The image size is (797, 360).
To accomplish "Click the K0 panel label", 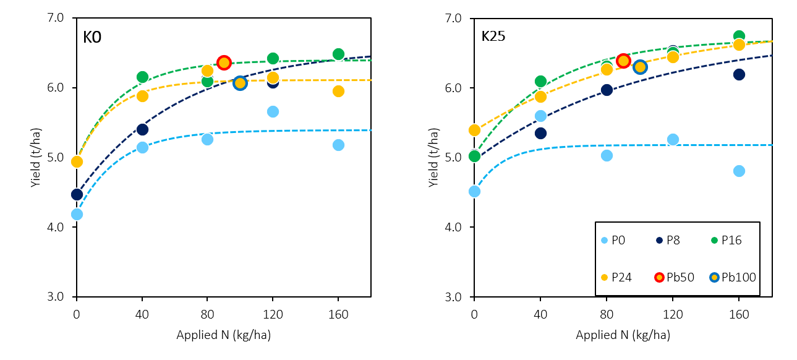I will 92,37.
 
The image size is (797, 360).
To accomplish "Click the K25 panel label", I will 493,36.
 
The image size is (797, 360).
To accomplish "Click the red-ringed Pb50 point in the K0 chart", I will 224,62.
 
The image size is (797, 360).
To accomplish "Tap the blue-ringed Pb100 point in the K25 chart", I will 640,67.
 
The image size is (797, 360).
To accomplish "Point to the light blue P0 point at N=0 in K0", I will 77,214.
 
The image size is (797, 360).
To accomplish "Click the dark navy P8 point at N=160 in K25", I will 739,74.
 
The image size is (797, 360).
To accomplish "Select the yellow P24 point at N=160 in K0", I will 338,91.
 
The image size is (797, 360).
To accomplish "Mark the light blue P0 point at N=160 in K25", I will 739,171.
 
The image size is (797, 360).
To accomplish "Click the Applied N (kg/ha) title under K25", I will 623,335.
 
